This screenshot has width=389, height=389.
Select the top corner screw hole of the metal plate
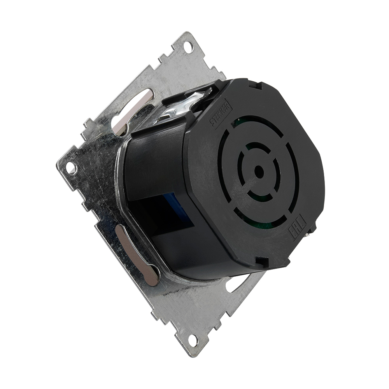pyautogui.click(x=187, y=47)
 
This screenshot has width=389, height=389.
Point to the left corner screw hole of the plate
pyautogui.click(x=70, y=168)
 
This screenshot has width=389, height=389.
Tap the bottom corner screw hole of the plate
pyautogui.click(x=192, y=339)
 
